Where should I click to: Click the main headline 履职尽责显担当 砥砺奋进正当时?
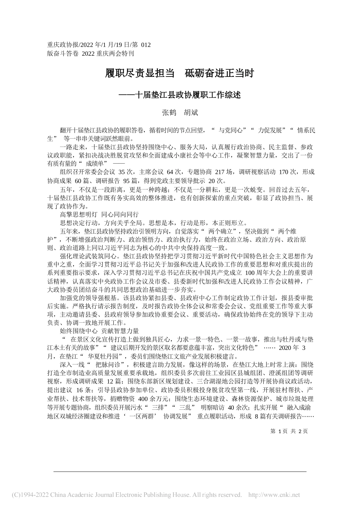180,73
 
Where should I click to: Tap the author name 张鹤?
168,112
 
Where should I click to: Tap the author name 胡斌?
191,112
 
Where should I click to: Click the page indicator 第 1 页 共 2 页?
289,431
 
